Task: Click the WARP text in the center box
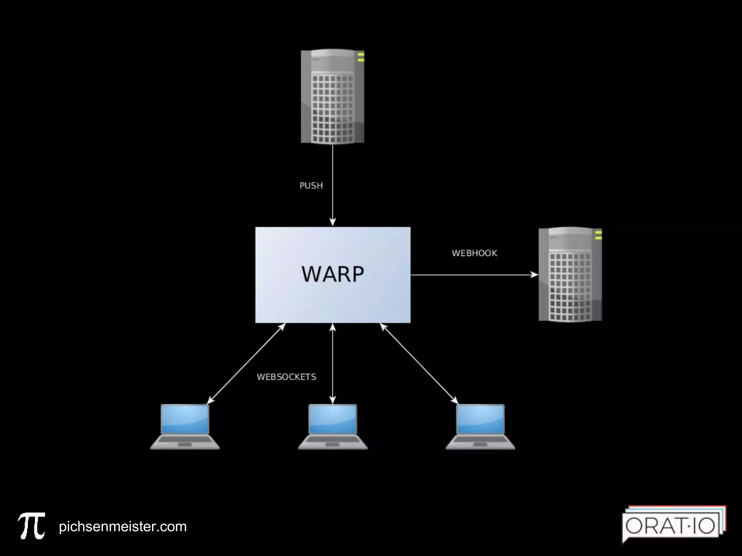(x=333, y=274)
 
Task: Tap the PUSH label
(x=311, y=186)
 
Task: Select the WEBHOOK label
(x=474, y=253)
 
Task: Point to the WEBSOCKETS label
(x=286, y=377)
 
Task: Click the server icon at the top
(x=332, y=97)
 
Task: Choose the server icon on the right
(x=570, y=274)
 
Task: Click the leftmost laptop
(x=185, y=426)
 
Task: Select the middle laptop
(x=333, y=426)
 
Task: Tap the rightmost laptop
(x=480, y=426)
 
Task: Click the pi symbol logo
(x=32, y=526)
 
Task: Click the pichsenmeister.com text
(x=122, y=527)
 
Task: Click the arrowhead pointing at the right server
(x=534, y=275)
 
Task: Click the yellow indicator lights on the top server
(x=360, y=57)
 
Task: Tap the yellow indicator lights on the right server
(x=598, y=235)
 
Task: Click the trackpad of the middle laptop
(x=333, y=444)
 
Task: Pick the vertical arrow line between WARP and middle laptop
(x=333, y=364)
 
